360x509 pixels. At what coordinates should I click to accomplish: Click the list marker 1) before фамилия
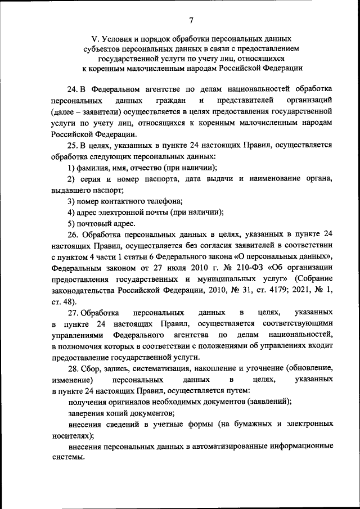point(71,168)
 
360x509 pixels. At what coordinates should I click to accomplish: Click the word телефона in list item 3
point(163,201)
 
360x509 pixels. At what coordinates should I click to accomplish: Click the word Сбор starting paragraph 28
point(92,368)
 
